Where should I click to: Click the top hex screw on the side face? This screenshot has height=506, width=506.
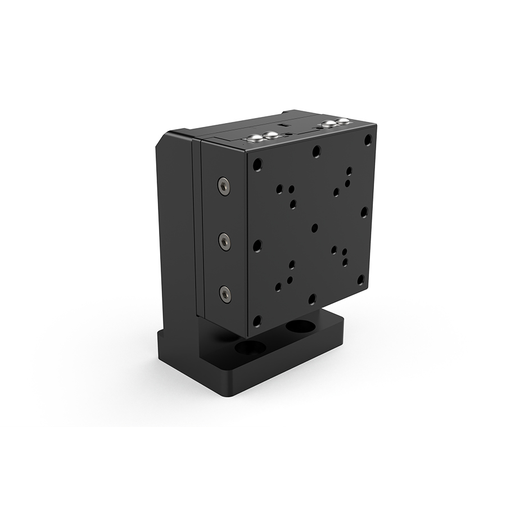(224, 186)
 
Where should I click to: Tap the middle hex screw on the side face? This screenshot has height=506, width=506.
(225, 242)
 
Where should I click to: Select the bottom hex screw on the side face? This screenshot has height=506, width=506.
(225, 293)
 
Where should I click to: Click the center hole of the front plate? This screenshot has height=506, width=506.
(314, 228)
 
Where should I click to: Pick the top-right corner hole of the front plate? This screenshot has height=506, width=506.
(368, 139)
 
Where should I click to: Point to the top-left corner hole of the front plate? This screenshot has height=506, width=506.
(257, 165)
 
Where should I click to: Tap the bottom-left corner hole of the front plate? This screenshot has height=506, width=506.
(257, 321)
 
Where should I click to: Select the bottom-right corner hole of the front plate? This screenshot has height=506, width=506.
(361, 279)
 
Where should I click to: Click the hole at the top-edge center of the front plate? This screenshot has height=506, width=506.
(317, 151)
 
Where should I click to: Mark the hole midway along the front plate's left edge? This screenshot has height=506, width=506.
(257, 245)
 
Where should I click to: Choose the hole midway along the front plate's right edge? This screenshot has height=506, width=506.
(364, 212)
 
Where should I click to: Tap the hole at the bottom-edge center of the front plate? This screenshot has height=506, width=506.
(312, 299)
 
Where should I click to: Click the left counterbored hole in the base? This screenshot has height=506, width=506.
(250, 347)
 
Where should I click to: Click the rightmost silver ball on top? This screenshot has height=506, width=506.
(342, 122)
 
